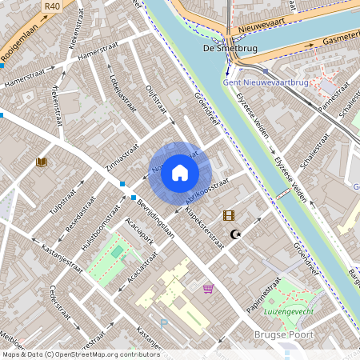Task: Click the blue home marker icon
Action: (180, 173)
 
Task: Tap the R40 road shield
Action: (53, 6)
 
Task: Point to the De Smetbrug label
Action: (219, 48)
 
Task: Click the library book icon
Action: (42, 162)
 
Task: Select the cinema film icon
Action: (230, 215)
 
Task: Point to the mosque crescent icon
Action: (235, 234)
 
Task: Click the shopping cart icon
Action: (208, 288)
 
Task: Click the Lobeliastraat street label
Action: (119, 97)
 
